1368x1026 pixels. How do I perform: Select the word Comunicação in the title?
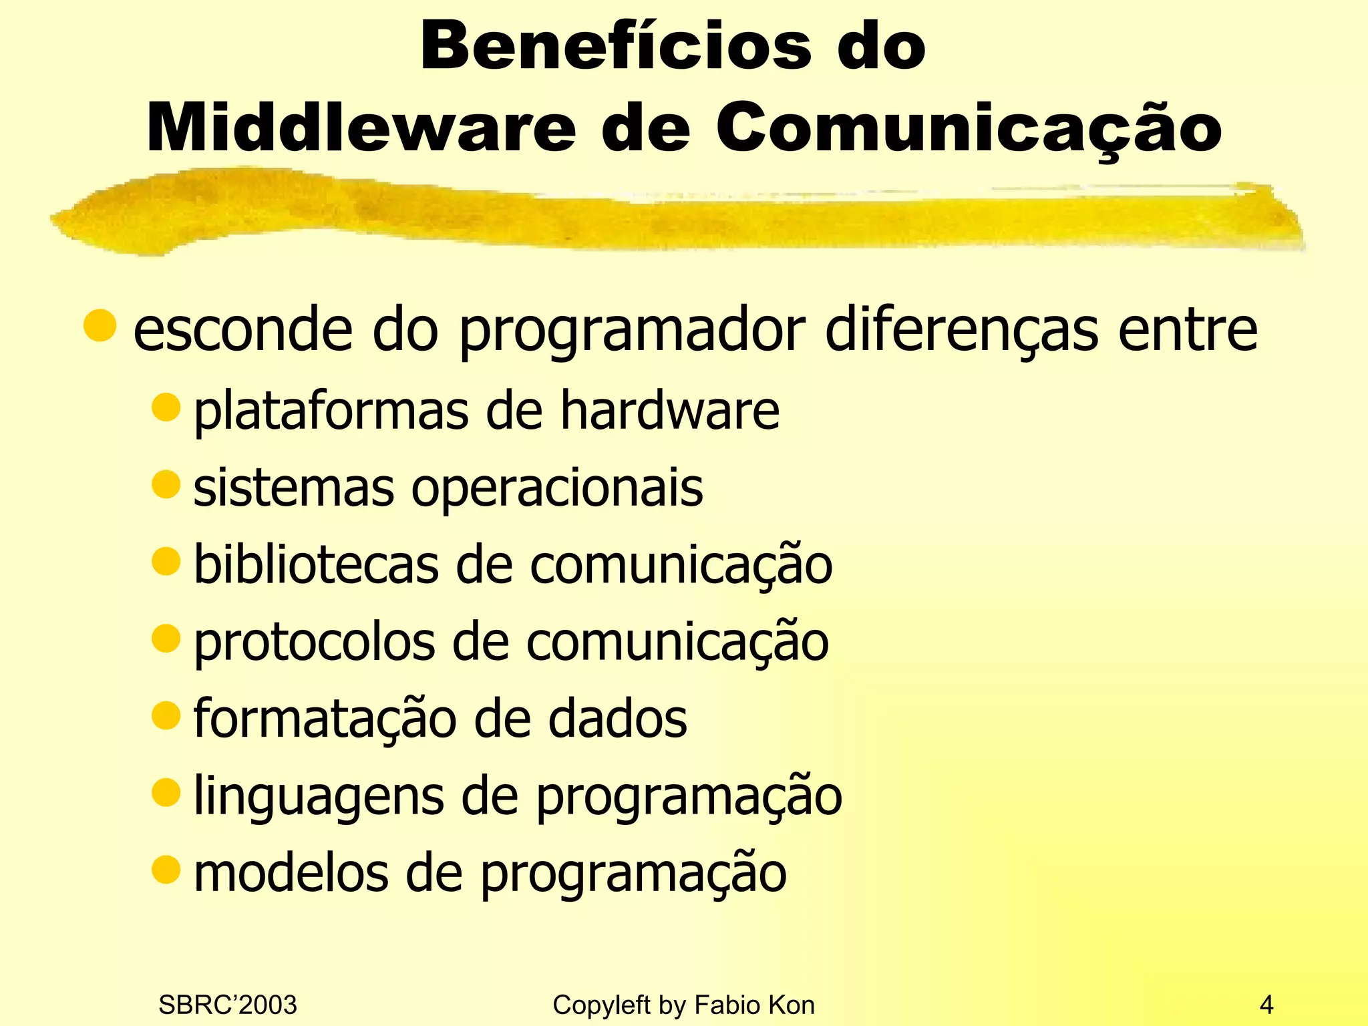coord(969,128)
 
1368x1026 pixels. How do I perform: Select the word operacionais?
coord(557,488)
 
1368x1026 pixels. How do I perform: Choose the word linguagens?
coord(319,796)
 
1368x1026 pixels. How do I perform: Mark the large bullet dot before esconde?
coord(100,325)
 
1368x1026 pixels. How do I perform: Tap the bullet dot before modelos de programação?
coord(166,869)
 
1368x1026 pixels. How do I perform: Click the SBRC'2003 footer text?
coord(228,1005)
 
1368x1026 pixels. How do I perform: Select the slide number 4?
coord(1266,1005)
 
